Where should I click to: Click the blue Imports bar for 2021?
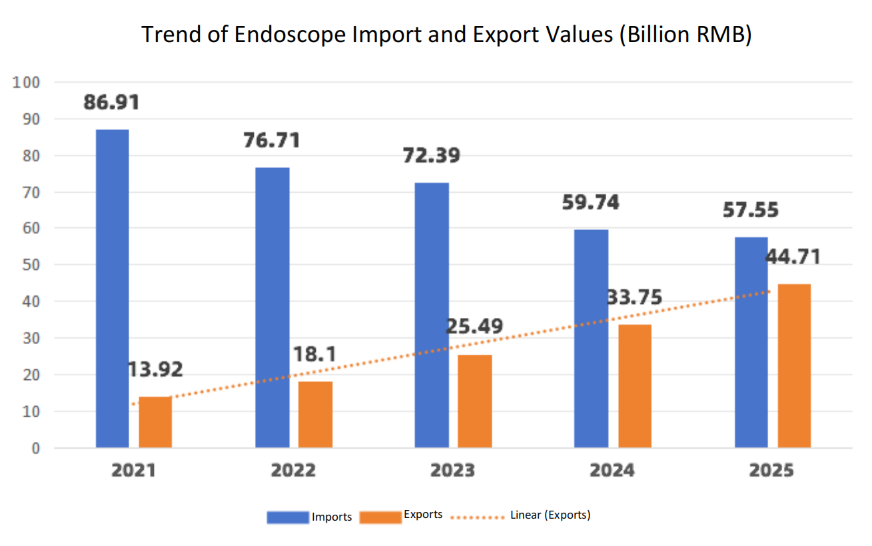[x=112, y=288]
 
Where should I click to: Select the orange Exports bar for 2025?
[x=794, y=365]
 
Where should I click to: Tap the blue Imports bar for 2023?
[x=432, y=315]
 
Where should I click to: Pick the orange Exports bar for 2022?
[x=315, y=414]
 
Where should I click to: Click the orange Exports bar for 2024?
[x=634, y=385]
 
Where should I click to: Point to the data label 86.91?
[x=111, y=103]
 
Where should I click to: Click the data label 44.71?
[x=793, y=256]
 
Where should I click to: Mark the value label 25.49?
[x=475, y=327]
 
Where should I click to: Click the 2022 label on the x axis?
[x=293, y=470]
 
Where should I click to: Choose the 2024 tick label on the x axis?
[x=612, y=470]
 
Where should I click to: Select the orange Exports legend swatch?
[x=380, y=517]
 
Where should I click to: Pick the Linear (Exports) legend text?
[x=550, y=515]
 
